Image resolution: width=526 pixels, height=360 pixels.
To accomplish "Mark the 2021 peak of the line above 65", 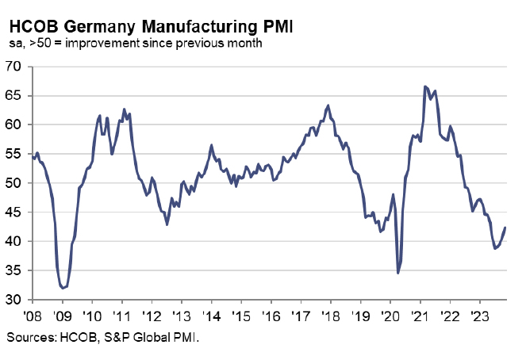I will (x=425, y=86).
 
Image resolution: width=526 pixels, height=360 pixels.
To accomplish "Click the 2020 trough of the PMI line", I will (x=397, y=274).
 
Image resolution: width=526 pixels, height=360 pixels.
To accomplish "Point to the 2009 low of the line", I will (x=63, y=288).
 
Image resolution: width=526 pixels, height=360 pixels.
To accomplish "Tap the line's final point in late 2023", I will (x=506, y=228).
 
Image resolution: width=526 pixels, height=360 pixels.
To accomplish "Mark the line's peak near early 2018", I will (x=328, y=105).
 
